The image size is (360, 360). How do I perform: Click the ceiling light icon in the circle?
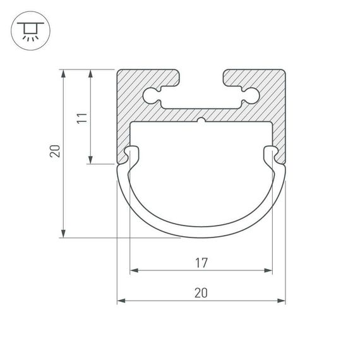[x=28, y=29]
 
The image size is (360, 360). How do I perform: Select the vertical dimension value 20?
[x=54, y=152]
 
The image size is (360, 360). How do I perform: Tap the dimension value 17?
[x=201, y=261]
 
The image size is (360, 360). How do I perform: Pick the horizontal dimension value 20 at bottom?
[x=201, y=292]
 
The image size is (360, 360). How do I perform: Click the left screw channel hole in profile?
[x=153, y=96]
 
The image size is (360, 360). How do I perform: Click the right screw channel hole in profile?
[x=249, y=96]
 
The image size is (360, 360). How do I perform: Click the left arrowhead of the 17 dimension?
[x=133, y=271]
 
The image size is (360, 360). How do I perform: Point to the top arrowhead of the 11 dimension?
[x=92, y=73]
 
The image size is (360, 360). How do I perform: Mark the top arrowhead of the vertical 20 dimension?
[x=63, y=73]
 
